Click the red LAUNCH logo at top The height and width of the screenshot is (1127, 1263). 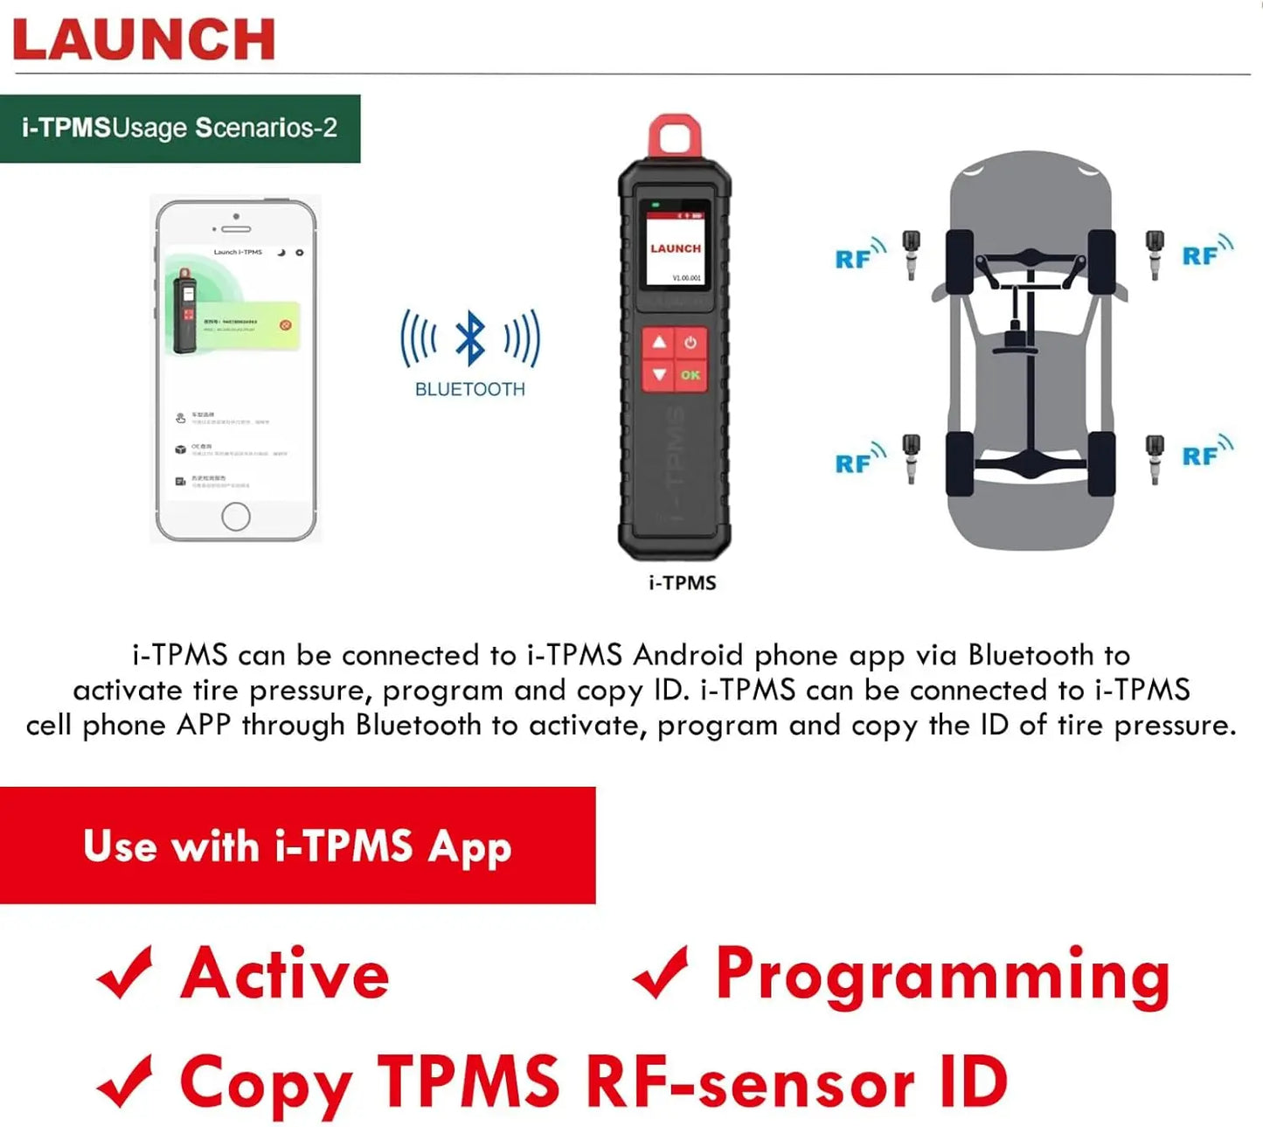pyautogui.click(x=144, y=39)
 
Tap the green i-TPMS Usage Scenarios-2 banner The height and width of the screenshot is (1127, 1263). pyautogui.click(x=180, y=129)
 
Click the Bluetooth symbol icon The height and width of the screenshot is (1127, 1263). pyautogui.click(x=470, y=338)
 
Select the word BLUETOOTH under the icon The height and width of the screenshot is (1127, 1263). pyautogui.click(x=470, y=390)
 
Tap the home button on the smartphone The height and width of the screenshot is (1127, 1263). pyautogui.click(x=236, y=517)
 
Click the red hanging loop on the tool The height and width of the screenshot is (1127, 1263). pyautogui.click(x=675, y=137)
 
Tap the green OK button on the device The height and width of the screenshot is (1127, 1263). pyautogui.click(x=690, y=375)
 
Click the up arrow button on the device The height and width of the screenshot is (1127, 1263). pyautogui.click(x=659, y=343)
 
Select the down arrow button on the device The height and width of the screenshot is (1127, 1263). pyautogui.click(x=659, y=375)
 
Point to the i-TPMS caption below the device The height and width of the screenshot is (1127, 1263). pyautogui.click(x=683, y=583)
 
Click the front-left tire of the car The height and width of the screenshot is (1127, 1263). pyautogui.click(x=960, y=261)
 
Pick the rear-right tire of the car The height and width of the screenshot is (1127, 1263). pyautogui.click(x=1101, y=463)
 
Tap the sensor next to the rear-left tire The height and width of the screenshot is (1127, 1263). pyautogui.click(x=912, y=457)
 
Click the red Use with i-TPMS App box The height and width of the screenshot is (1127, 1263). pyautogui.click(x=297, y=845)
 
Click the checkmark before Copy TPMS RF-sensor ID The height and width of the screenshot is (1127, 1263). pyautogui.click(x=126, y=1082)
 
